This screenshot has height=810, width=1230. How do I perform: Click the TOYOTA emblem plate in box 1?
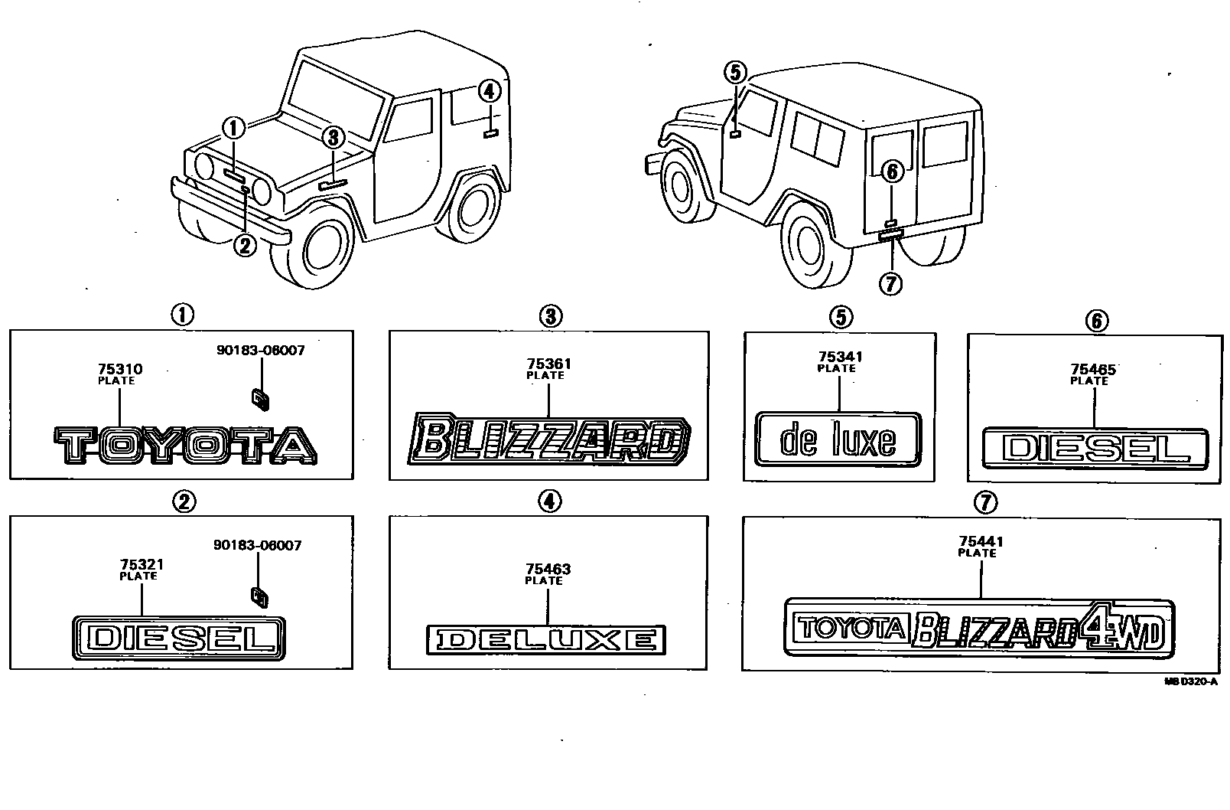184,446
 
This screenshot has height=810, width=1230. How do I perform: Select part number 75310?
120,370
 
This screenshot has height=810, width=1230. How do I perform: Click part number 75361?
548,364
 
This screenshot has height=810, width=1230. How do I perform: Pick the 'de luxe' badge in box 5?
838,439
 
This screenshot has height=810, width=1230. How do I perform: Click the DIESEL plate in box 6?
1095,449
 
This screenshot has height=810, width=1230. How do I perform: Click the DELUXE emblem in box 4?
545,639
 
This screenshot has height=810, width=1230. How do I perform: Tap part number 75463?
548,570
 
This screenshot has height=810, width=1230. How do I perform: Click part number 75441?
980,542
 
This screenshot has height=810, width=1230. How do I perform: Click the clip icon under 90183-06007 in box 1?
259,398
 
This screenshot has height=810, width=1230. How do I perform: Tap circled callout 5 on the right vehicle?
734,73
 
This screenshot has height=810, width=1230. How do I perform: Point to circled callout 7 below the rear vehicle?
890,284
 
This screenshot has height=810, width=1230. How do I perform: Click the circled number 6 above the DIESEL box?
1096,321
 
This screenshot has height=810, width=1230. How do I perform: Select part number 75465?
1093,370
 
